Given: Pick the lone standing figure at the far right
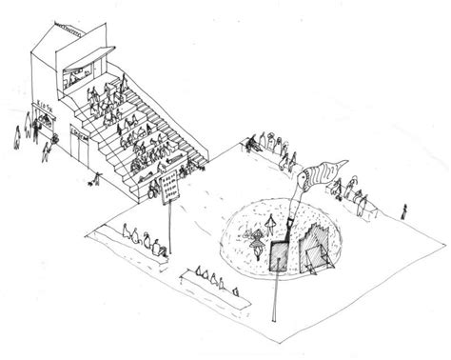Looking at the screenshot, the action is tap(405, 210).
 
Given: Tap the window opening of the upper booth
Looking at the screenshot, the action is tap(80, 74).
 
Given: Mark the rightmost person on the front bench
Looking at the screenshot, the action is tap(231, 286).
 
